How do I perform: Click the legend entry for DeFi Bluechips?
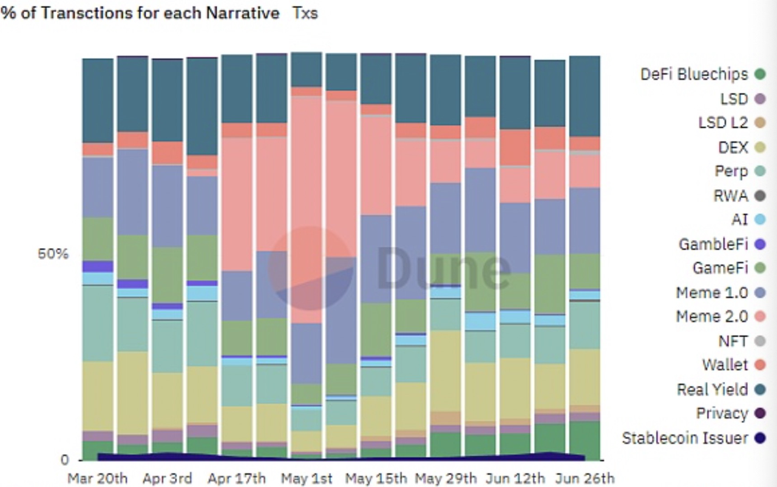694,74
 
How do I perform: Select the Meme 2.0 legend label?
711,316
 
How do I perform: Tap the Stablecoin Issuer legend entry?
685,438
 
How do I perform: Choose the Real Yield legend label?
712,389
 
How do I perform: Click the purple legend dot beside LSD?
759,99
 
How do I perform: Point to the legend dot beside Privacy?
759,414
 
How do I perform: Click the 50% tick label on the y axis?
53,254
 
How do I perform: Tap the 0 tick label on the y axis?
64,460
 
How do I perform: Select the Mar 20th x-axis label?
98,479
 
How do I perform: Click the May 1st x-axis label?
307,479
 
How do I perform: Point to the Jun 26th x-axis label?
585,479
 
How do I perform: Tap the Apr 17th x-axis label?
237,479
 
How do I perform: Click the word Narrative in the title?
240,13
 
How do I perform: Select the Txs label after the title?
305,13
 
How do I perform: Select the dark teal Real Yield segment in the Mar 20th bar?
98,100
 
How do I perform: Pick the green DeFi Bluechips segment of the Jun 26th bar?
585,440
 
